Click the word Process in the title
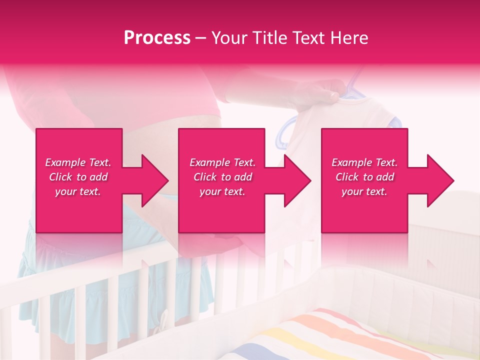pyautogui.click(x=157, y=38)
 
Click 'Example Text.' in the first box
pyautogui.click(x=78, y=162)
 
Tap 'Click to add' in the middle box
pyautogui.click(x=222, y=177)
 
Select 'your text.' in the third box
pyautogui.click(x=364, y=191)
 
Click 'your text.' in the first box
pyautogui.click(x=78, y=191)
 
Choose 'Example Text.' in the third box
pyautogui.click(x=364, y=162)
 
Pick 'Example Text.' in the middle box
pyautogui.click(x=222, y=162)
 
